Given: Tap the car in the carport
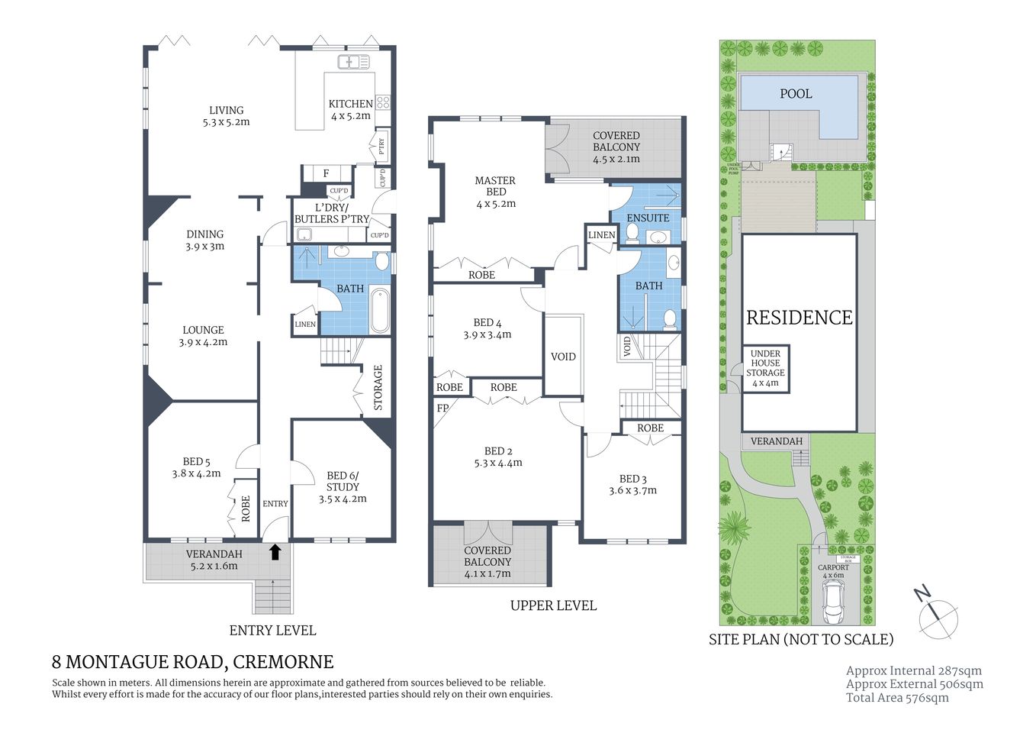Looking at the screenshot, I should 833,600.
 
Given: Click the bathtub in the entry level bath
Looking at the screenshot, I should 380,311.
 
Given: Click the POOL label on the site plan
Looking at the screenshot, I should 796,94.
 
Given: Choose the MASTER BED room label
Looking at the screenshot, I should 495,186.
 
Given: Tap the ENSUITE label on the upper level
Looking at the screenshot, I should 648,218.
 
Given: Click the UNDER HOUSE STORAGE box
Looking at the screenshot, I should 765,368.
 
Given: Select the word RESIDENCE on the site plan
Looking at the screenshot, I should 799,318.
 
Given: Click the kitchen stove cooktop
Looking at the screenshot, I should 383,102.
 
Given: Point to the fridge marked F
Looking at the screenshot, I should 327,173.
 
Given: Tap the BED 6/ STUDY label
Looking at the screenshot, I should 343,486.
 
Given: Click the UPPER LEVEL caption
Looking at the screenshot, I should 553,605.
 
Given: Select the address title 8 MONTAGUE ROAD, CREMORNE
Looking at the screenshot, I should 192,661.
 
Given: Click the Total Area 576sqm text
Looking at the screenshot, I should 897,697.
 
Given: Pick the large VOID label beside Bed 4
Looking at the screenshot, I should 563,357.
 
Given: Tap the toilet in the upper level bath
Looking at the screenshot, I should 669,318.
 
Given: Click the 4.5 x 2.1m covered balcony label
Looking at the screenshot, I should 616,147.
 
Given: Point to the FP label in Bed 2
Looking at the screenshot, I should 442,408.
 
